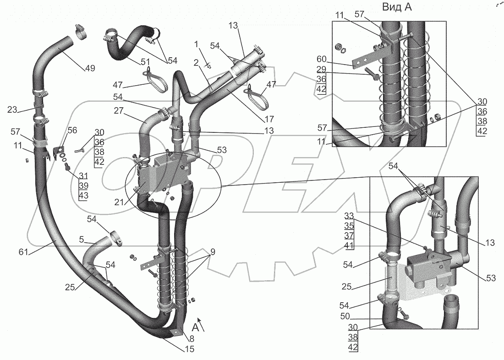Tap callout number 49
(x=89, y=69)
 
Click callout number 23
(x=12, y=109)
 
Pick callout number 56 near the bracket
(x=72, y=130)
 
